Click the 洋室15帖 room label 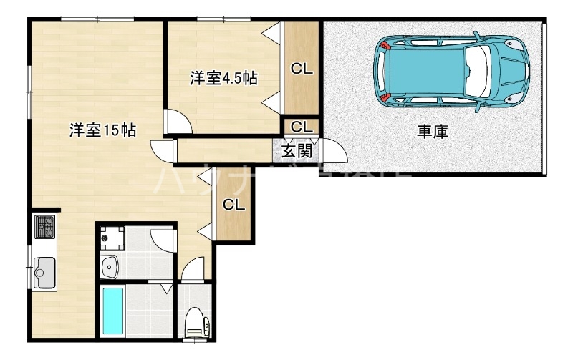(x=103, y=130)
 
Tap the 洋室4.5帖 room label (x=223, y=78)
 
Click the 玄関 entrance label (x=296, y=151)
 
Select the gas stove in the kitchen (x=44, y=227)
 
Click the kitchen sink (x=44, y=271)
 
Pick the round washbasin (x=112, y=267)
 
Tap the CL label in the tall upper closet (x=302, y=69)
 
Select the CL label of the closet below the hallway (x=233, y=205)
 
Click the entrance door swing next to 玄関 (x=333, y=152)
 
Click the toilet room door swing (x=192, y=271)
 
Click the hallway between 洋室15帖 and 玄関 (x=222, y=152)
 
